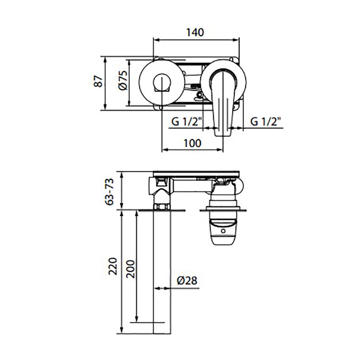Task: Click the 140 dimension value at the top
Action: (x=195, y=32)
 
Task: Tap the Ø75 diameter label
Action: (x=123, y=80)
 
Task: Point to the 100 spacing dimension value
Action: (x=192, y=143)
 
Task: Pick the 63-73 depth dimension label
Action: (x=109, y=192)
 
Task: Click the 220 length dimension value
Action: (x=113, y=266)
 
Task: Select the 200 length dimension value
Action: (x=131, y=269)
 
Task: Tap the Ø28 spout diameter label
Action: (x=187, y=280)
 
